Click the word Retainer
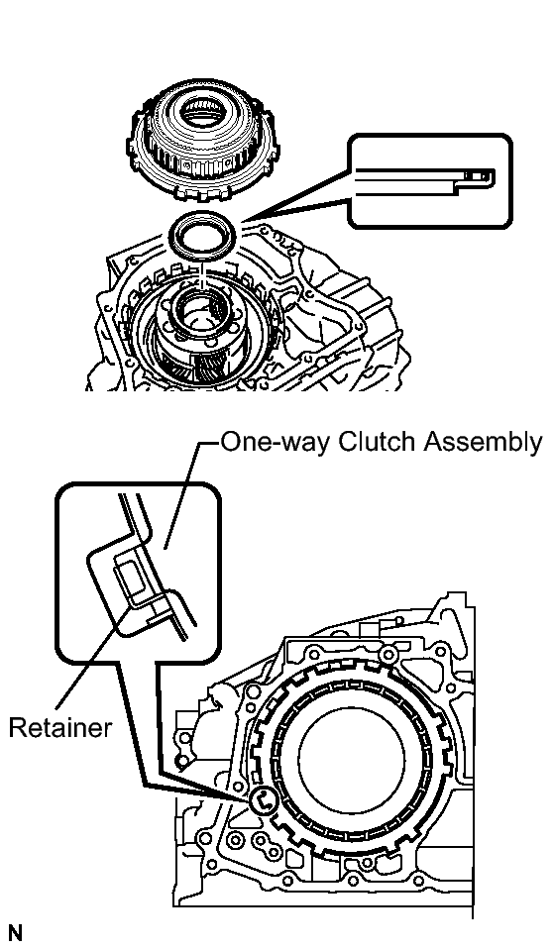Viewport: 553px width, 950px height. tap(60, 727)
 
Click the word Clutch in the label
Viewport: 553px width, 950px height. tap(376, 442)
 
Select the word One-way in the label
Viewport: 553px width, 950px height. tap(275, 443)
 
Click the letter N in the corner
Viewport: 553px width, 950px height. tap(15, 933)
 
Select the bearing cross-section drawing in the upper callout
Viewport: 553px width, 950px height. tap(424, 181)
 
